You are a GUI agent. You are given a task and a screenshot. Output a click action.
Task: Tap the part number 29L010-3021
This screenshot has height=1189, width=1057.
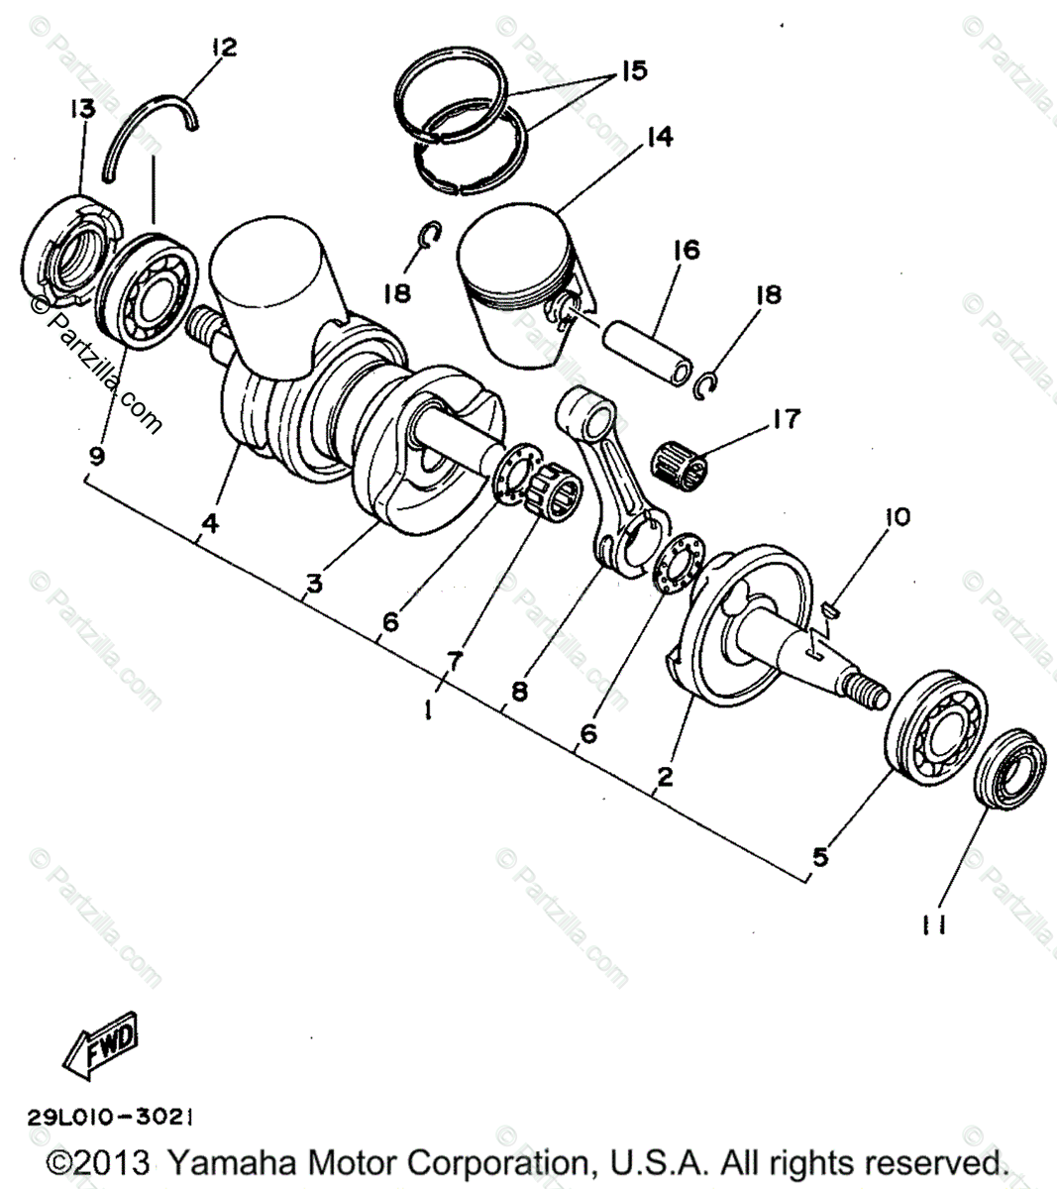point(111,1117)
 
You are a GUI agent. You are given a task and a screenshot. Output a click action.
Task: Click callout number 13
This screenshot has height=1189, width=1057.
point(82,108)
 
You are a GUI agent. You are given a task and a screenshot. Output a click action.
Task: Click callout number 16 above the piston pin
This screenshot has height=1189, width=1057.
point(686,250)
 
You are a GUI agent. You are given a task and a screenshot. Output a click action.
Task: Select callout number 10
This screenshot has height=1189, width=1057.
point(898,516)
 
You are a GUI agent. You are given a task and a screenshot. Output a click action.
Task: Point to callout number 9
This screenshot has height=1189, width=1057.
point(96,456)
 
